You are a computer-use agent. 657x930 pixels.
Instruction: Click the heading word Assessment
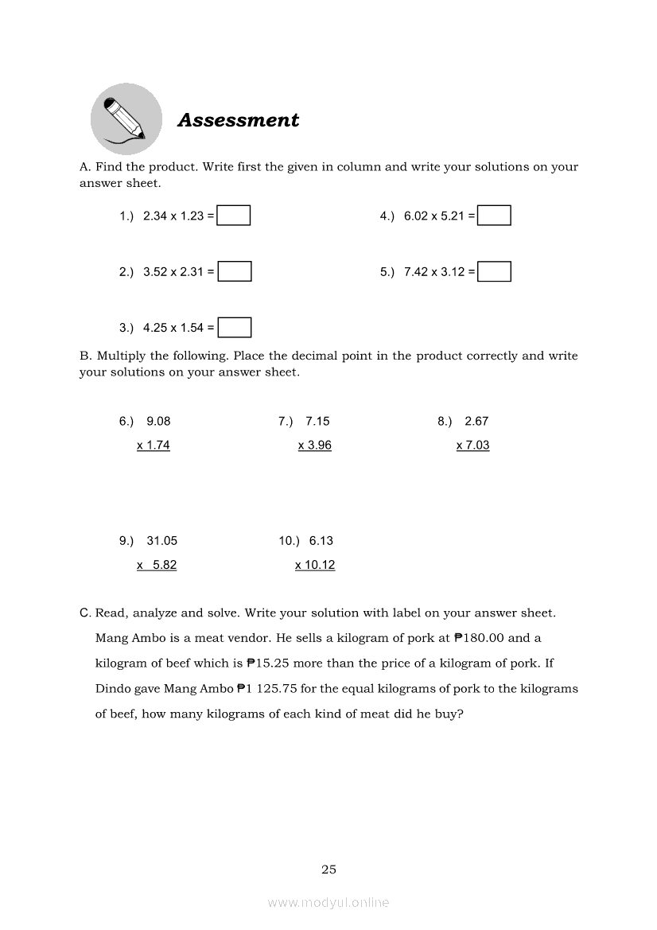[238, 120]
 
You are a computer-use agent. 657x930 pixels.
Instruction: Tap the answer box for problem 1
[234, 216]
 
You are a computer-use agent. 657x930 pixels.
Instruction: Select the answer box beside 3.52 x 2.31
[235, 271]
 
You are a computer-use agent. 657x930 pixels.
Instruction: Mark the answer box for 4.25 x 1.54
[235, 327]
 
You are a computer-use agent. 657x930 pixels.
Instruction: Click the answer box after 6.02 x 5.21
[494, 216]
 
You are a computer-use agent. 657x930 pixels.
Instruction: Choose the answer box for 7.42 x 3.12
[494, 271]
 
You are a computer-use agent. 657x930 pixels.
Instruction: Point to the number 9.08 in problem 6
[158, 422]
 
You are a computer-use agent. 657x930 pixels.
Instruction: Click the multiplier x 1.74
[154, 446]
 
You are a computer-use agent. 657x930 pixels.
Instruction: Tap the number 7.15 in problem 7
[317, 422]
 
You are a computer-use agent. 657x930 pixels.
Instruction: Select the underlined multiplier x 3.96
[315, 446]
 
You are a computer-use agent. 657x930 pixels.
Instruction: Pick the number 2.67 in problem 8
[476, 422]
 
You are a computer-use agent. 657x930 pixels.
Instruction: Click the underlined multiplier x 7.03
[473, 446]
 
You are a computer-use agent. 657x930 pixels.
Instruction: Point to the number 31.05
[162, 541]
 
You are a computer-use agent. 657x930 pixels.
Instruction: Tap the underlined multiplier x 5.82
[157, 565]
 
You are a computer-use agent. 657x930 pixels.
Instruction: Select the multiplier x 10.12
[315, 565]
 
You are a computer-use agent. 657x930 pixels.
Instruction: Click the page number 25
[328, 870]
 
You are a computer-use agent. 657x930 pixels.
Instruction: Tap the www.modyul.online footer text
[328, 902]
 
